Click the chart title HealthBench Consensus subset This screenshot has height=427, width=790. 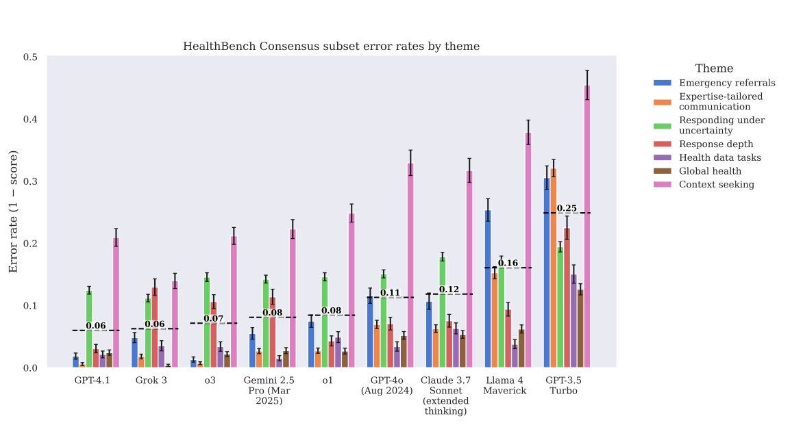point(331,47)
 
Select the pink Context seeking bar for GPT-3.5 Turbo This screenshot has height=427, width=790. point(587,227)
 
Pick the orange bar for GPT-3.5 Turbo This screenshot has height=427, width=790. point(554,268)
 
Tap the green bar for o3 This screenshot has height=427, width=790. point(207,322)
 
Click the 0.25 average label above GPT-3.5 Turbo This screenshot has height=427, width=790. point(567,208)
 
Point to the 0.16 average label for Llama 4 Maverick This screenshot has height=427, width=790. point(508,263)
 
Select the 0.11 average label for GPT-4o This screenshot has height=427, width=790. point(390,293)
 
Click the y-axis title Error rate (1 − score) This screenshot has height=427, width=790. point(13,212)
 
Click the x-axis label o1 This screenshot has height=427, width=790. point(328,380)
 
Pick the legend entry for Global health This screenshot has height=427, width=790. point(709,171)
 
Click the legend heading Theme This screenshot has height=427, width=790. point(714,68)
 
